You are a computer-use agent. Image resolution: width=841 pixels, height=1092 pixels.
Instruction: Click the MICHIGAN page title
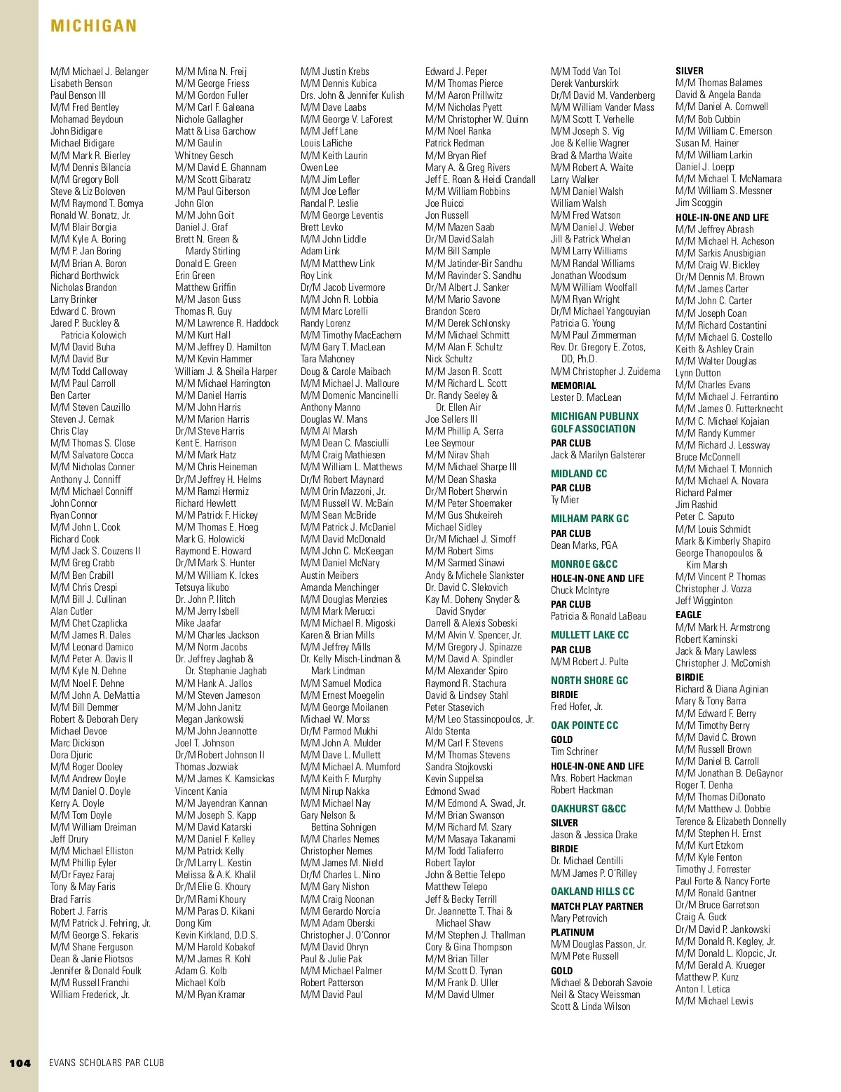[x=93, y=26]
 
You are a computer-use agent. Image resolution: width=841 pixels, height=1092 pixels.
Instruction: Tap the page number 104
[x=20, y=1063]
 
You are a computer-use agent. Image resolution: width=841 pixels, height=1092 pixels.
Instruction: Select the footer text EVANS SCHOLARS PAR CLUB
[x=107, y=1063]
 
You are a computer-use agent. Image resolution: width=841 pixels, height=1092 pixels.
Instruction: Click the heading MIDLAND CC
[x=579, y=474]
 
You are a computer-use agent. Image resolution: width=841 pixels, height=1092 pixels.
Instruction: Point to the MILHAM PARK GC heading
[x=589, y=519]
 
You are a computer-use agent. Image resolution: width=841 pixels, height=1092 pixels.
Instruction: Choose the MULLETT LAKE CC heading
[x=589, y=635]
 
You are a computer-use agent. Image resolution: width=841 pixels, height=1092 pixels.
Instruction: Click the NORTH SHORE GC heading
[x=589, y=681]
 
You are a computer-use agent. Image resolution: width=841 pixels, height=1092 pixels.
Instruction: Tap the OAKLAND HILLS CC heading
[x=592, y=892]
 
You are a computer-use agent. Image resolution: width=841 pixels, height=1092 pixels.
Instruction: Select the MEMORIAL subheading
[x=573, y=385]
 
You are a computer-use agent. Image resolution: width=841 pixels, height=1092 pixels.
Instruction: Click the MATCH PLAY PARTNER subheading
[x=596, y=906]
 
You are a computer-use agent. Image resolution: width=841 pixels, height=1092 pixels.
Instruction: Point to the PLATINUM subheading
[x=572, y=932]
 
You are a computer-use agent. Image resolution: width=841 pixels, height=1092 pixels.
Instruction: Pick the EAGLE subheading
[x=688, y=615]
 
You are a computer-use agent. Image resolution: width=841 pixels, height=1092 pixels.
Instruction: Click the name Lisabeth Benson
[x=81, y=83]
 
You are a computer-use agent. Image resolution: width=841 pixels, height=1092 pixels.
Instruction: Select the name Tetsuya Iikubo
[x=202, y=587]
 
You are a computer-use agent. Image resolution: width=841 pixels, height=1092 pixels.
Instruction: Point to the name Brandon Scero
[x=453, y=311]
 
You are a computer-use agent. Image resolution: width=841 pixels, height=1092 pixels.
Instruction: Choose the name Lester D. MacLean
[x=586, y=397]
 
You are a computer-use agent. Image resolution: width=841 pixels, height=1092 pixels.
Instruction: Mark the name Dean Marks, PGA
[x=584, y=545]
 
